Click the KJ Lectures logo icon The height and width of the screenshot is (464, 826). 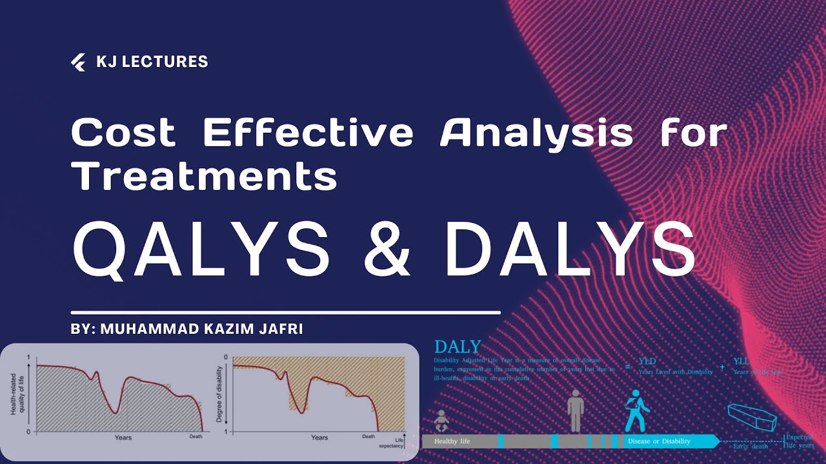(x=78, y=62)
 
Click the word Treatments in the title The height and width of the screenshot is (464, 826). (x=204, y=176)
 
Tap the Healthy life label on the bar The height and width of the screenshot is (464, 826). (x=452, y=441)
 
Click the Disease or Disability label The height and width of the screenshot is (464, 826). (x=659, y=441)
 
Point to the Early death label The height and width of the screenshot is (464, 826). (x=750, y=446)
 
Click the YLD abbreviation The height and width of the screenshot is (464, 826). (x=647, y=362)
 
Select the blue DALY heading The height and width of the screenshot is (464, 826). (x=458, y=347)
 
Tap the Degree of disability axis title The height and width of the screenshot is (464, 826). (x=219, y=394)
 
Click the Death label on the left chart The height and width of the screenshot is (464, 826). (x=196, y=436)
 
